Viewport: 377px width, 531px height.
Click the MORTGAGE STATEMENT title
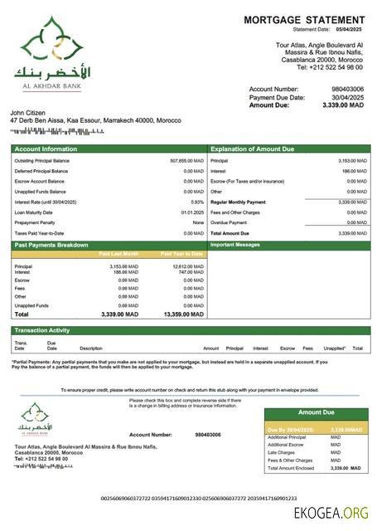pyautogui.click(x=304, y=20)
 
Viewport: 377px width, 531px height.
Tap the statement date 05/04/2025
pyautogui.click(x=349, y=30)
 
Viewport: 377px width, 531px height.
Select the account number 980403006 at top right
pyautogui.click(x=347, y=89)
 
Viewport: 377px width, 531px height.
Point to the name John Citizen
pyautogui.click(x=30, y=112)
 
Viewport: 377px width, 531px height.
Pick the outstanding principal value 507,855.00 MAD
pyautogui.click(x=186, y=160)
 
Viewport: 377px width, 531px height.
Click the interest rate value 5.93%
pyautogui.click(x=196, y=202)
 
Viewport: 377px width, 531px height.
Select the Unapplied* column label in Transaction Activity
pyautogui.click(x=335, y=348)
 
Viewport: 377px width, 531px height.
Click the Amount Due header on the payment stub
pyautogui.click(x=315, y=412)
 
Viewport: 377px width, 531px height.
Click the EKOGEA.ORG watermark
pyautogui.click(x=331, y=514)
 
